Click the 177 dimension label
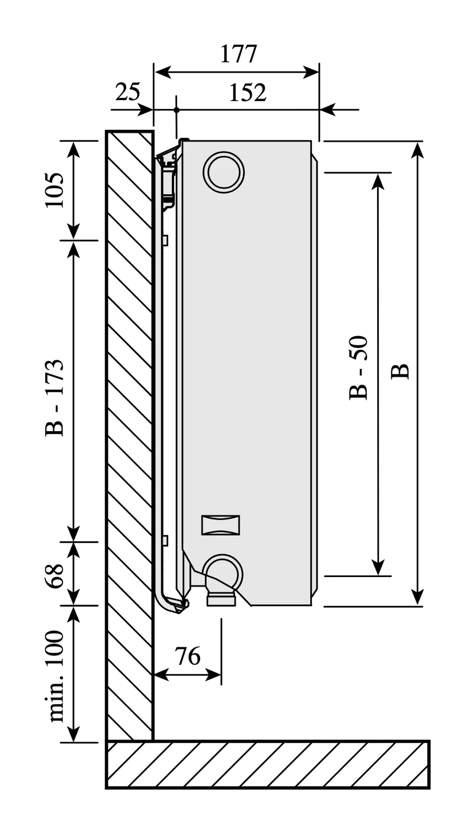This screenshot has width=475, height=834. pos(239,54)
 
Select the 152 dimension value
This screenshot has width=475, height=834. pos(248,93)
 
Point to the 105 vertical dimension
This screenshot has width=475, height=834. pos(55,190)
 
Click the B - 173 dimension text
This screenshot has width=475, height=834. pos(55,398)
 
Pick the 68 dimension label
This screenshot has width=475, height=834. pos(55,575)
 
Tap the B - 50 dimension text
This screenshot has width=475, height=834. pos(358,368)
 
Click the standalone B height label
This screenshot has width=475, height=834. pos(400,372)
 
